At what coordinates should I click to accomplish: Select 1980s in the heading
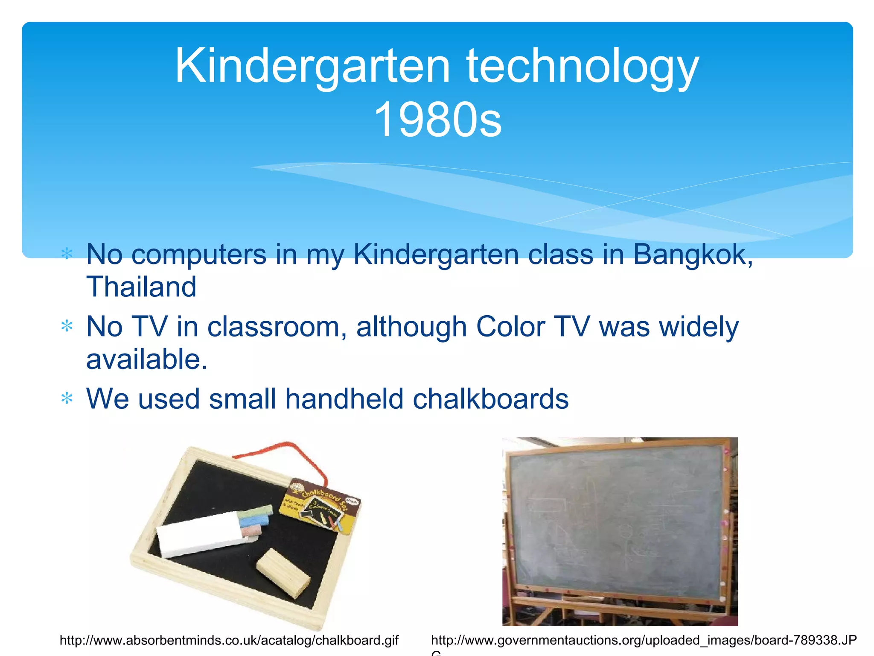coord(437,120)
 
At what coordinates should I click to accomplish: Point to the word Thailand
coord(141,287)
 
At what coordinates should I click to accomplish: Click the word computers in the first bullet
coord(199,255)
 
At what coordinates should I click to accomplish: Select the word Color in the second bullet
coord(510,327)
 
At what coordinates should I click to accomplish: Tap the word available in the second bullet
coord(147,359)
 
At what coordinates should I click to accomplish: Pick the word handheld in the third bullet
coord(344,399)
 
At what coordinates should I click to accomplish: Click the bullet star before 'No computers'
coord(67,254)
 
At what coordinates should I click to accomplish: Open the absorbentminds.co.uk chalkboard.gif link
coord(229,640)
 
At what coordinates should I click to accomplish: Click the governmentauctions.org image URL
coord(644,640)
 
